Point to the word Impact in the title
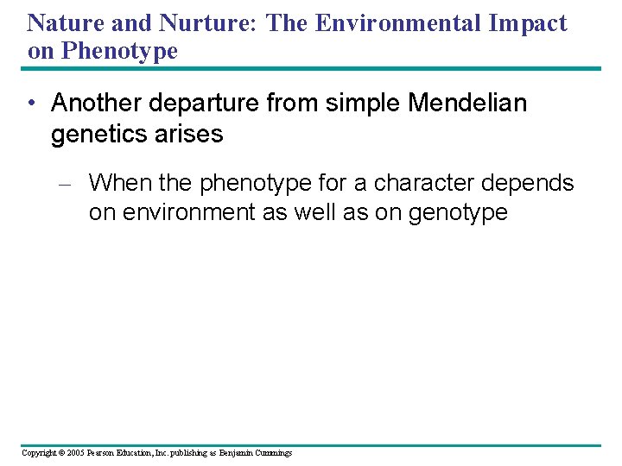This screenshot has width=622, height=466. point(529,22)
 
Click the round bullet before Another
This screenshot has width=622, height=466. point(31,104)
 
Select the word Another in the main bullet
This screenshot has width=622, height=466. point(94,104)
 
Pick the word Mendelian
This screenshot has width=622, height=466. point(467,104)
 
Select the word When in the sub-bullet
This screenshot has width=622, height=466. point(115,183)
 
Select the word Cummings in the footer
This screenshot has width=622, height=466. point(271,453)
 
